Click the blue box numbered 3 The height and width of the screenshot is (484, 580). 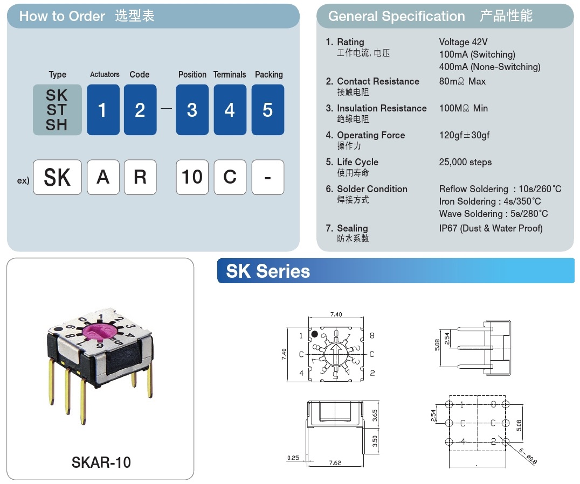(192, 110)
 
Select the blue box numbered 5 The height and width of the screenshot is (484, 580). (268, 110)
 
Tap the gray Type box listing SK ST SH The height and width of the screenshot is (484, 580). (57, 110)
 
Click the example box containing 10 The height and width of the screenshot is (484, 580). (192, 177)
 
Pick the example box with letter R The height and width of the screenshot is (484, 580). (140, 177)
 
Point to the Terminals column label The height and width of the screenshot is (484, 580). (230, 75)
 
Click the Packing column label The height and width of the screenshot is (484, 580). (269, 75)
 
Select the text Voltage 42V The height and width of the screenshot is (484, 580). (463, 42)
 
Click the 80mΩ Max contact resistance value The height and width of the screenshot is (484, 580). (462, 81)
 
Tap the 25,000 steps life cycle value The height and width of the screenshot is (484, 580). (465, 162)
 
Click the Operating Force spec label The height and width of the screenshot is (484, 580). (371, 135)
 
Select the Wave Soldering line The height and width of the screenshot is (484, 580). (493, 214)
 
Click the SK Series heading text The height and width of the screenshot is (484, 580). (268, 271)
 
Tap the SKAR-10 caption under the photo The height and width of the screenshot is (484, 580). (101, 462)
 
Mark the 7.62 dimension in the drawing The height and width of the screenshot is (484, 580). (335, 462)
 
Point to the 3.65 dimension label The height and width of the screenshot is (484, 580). (375, 416)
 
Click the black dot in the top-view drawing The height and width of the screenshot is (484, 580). (314, 334)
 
